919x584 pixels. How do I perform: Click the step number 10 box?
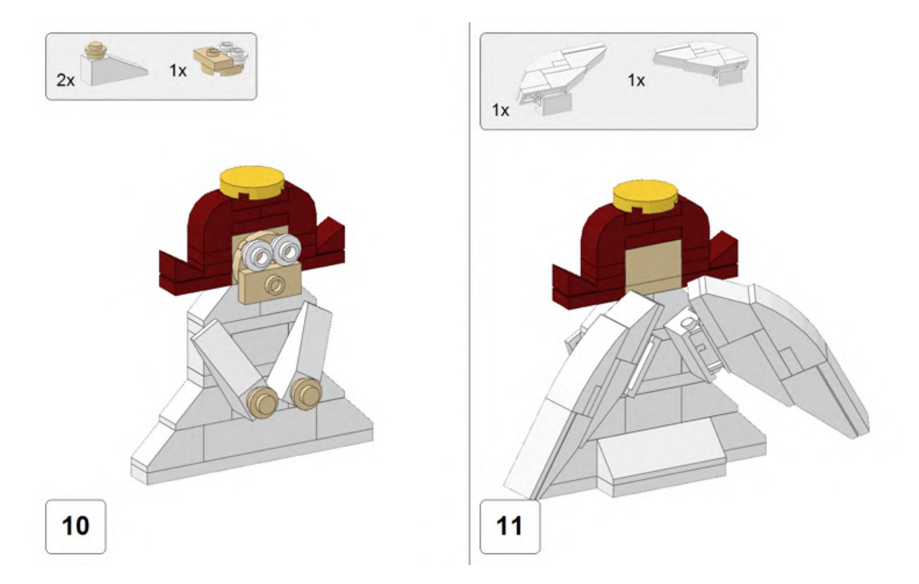coord(76,527)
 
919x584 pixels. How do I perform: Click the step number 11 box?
coord(510,527)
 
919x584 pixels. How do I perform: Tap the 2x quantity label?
coord(66,80)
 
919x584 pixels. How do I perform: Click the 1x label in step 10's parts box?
coord(178,71)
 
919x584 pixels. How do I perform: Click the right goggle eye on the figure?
coord(286,249)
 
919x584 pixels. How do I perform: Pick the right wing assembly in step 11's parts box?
coord(701,62)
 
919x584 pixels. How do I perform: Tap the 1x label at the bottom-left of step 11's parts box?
coord(500,110)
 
